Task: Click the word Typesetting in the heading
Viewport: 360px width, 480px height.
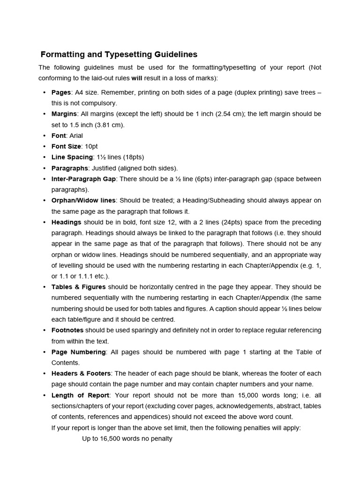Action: pyautogui.click(x=123, y=54)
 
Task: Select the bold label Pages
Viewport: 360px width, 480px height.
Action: pyautogui.click(x=61, y=92)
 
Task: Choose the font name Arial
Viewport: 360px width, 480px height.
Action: pyautogui.click(x=76, y=135)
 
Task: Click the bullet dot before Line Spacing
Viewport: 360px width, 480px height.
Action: pyautogui.click(x=44, y=157)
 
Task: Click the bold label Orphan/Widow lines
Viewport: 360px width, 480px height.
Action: pyautogui.click(x=83, y=201)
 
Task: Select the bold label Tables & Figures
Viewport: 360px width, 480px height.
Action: pyautogui.click(x=78, y=287)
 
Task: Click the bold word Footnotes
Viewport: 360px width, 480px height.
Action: pyautogui.click(x=67, y=330)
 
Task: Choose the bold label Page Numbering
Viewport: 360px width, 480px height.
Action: pyautogui.click(x=78, y=352)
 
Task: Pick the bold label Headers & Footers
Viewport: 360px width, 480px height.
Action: pyautogui.click(x=81, y=374)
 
